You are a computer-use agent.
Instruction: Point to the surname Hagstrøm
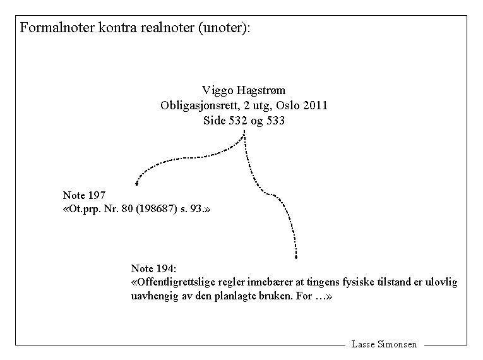260,90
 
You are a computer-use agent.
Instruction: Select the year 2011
315,105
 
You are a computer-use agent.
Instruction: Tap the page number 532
237,121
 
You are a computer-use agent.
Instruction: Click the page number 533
275,121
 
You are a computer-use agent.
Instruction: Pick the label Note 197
85,195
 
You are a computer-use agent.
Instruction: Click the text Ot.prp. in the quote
85,209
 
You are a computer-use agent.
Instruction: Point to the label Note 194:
153,268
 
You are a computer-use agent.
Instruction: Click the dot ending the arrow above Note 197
137,184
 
